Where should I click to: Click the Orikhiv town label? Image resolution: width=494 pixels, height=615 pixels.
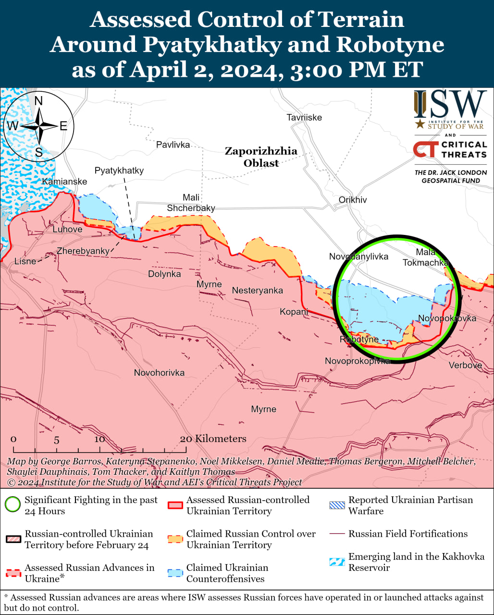click(352, 199)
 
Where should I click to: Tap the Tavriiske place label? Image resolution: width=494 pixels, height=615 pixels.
click(304, 117)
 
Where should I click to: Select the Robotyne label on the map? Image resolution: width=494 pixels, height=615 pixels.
click(359, 339)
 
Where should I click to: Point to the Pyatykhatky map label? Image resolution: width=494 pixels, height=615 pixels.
click(119, 171)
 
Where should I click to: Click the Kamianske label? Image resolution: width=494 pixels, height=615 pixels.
click(64, 182)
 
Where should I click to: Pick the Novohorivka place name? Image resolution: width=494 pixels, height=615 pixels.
click(159, 373)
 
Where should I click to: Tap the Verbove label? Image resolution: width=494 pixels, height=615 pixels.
click(465, 365)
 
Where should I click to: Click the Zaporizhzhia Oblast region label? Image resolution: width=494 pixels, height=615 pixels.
click(261, 157)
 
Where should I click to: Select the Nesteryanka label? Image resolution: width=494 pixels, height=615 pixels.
click(257, 290)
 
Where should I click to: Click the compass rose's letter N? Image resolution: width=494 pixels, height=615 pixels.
click(38, 100)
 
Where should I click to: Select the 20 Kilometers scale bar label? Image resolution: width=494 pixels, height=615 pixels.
click(213, 439)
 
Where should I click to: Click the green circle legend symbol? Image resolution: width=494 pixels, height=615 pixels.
click(13, 505)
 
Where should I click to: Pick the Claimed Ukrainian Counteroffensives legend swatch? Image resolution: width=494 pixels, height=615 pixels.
click(175, 573)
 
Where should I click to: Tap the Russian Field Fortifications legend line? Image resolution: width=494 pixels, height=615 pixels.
click(337, 534)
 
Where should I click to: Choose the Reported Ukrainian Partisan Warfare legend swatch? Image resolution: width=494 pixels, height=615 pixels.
click(337, 505)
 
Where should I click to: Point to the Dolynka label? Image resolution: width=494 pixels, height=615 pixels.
click(164, 274)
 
